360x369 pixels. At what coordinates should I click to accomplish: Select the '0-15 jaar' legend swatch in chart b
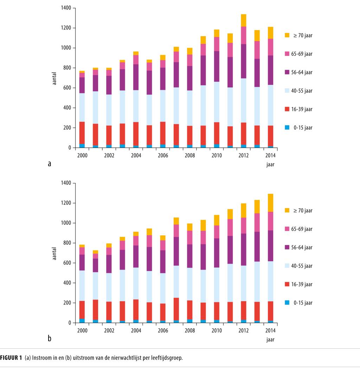click(287, 303)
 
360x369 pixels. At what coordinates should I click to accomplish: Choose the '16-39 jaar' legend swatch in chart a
click(287, 109)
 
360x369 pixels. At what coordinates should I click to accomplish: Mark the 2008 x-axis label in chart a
click(190, 155)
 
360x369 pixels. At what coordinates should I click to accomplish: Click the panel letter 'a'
click(49, 163)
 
